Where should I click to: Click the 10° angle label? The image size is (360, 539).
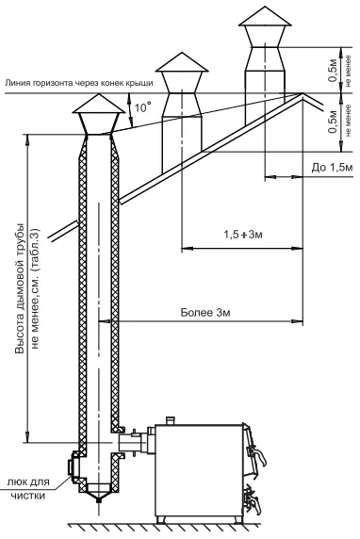coord(142,107)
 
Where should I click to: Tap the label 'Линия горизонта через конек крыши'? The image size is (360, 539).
coord(79,83)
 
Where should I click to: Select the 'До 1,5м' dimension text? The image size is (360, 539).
coord(332,168)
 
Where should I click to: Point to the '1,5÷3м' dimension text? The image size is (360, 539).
coord(243,235)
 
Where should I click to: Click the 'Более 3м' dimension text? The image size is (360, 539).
coord(205,313)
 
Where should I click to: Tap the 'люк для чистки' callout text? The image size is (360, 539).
coord(28,488)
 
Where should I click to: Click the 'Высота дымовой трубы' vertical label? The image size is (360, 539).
coord(21,288)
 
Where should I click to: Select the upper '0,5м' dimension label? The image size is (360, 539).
coord(333,70)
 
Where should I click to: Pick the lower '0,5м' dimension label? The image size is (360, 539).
coord(333,122)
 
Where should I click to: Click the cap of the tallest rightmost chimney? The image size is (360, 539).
coord(265,20)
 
